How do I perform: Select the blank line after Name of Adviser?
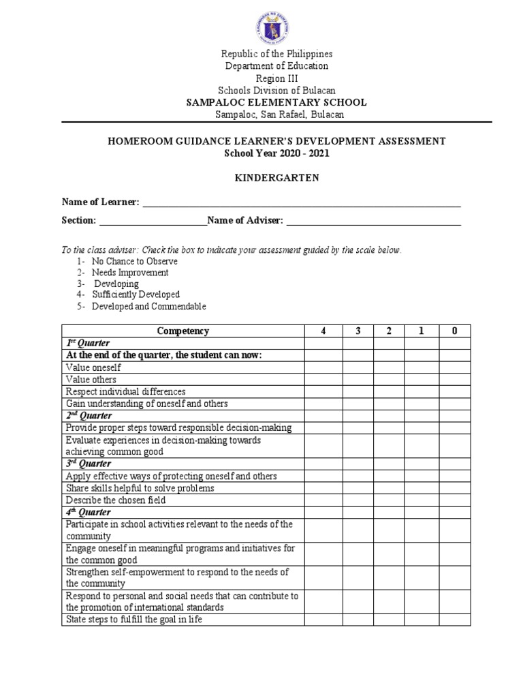tap(373, 220)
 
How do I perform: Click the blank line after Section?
tap(153, 220)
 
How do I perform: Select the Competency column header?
tap(183, 331)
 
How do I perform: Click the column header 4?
tap(323, 331)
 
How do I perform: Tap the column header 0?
tap(454, 331)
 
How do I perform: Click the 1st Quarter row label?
tap(88, 343)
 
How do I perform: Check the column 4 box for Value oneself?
tap(323, 367)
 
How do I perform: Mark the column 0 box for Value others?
tap(454, 380)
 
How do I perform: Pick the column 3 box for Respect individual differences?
tap(358, 392)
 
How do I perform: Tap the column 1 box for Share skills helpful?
tap(422, 488)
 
